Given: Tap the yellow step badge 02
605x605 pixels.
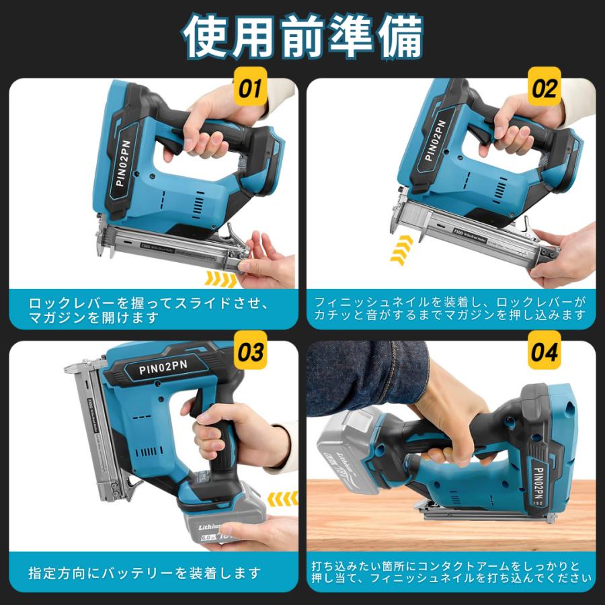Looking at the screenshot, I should pos(545,89).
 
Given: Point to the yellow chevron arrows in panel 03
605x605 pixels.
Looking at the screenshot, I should pos(282,499).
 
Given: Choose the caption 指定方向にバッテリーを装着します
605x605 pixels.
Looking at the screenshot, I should pos(144,573).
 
